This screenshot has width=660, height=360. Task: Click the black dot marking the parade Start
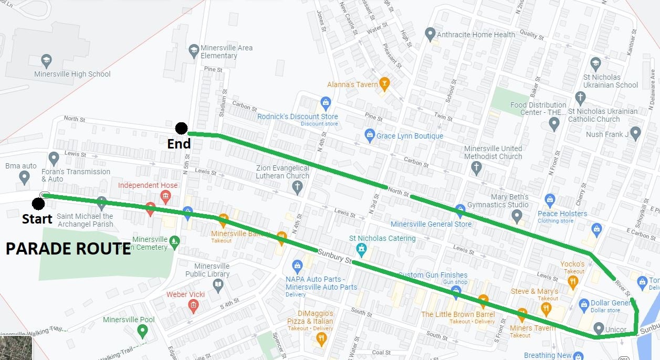(x=38, y=204)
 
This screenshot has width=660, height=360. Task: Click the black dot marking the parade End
(x=181, y=128)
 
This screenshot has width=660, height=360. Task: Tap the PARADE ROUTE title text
(x=68, y=249)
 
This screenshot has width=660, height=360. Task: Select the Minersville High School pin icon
(x=46, y=60)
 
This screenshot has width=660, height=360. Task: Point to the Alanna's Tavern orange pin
(x=384, y=83)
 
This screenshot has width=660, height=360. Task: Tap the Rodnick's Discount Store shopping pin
(x=326, y=102)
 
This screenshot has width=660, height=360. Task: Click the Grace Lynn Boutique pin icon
(x=370, y=134)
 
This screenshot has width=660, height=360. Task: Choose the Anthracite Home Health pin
(x=430, y=34)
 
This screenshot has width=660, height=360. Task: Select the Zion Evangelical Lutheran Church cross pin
(x=297, y=187)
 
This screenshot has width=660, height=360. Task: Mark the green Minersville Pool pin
(x=142, y=331)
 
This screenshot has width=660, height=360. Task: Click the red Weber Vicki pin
(x=193, y=305)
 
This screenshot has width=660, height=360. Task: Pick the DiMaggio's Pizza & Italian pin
(x=321, y=338)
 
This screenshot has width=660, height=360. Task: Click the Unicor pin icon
(x=598, y=329)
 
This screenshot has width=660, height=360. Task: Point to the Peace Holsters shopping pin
(x=550, y=200)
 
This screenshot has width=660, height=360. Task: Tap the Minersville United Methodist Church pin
(x=476, y=168)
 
